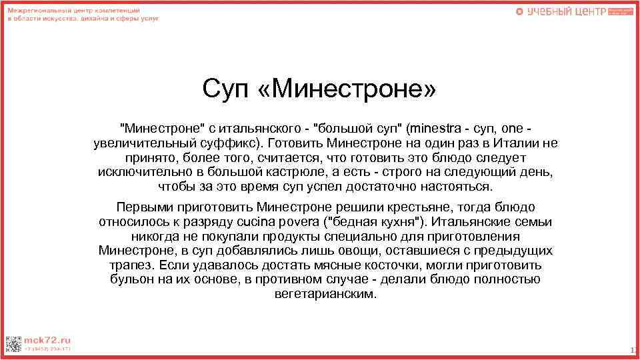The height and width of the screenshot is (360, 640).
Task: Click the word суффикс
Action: click(225, 143)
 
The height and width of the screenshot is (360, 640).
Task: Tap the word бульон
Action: click(129, 280)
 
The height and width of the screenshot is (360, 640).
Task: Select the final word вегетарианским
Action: click(325, 294)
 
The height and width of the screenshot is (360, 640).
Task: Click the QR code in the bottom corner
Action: click(13, 345)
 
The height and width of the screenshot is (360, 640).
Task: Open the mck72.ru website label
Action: click(47, 339)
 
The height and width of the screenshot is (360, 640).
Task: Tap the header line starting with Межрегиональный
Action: click(73, 12)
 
